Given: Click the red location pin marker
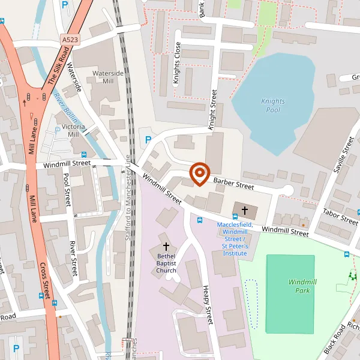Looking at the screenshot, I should tap(199, 174).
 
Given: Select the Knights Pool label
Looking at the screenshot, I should tap(273, 106).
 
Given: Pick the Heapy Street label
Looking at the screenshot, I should tap(207, 304).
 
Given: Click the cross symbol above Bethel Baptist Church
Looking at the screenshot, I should tap(166, 247).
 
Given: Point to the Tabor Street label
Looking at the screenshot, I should tap(340, 216).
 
